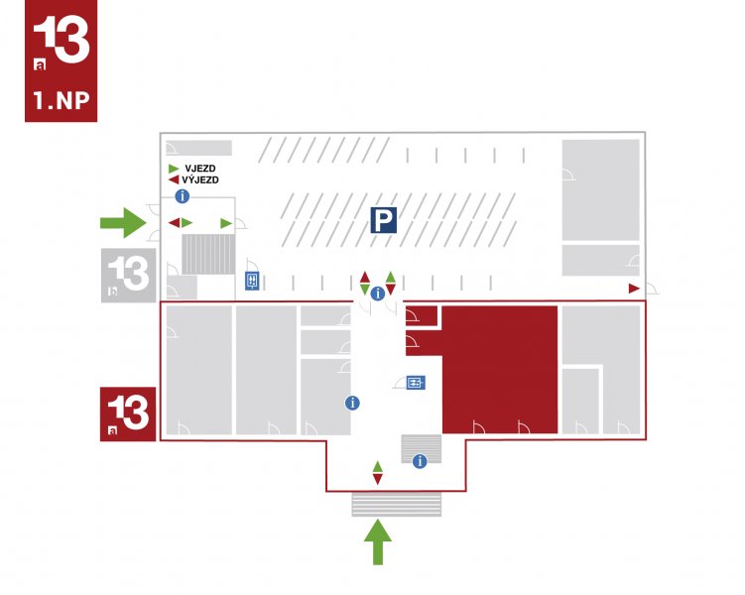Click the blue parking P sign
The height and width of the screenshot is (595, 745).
click(x=384, y=220)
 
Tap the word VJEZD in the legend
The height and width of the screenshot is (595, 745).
click(x=200, y=169)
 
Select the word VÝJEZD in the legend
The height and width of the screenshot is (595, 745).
click(x=200, y=179)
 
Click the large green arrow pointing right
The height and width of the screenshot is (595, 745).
click(x=123, y=222)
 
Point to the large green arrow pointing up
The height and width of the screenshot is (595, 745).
click(x=378, y=541)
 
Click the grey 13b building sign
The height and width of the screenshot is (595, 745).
click(x=128, y=276)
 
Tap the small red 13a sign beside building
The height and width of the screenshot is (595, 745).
click(x=128, y=415)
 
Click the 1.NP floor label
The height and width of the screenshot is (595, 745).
click(x=61, y=101)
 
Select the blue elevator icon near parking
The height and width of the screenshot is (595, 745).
click(x=252, y=281)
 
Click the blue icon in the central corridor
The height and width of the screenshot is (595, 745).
click(x=416, y=382)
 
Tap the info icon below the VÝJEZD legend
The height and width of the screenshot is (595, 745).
click(x=183, y=195)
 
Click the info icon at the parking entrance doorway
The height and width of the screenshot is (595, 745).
click(x=378, y=294)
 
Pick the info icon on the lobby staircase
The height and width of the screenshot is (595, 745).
click(x=420, y=460)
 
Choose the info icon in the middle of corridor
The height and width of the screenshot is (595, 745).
click(x=352, y=403)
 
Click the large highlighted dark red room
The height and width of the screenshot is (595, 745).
click(x=499, y=370)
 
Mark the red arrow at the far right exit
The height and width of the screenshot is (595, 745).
click(x=634, y=289)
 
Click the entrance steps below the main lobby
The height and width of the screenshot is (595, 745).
click(x=396, y=505)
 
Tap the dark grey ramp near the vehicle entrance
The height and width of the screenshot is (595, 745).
click(x=208, y=254)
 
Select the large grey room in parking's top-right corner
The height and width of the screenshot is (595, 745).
click(x=600, y=190)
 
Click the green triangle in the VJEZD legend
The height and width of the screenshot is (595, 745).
click(x=174, y=169)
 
